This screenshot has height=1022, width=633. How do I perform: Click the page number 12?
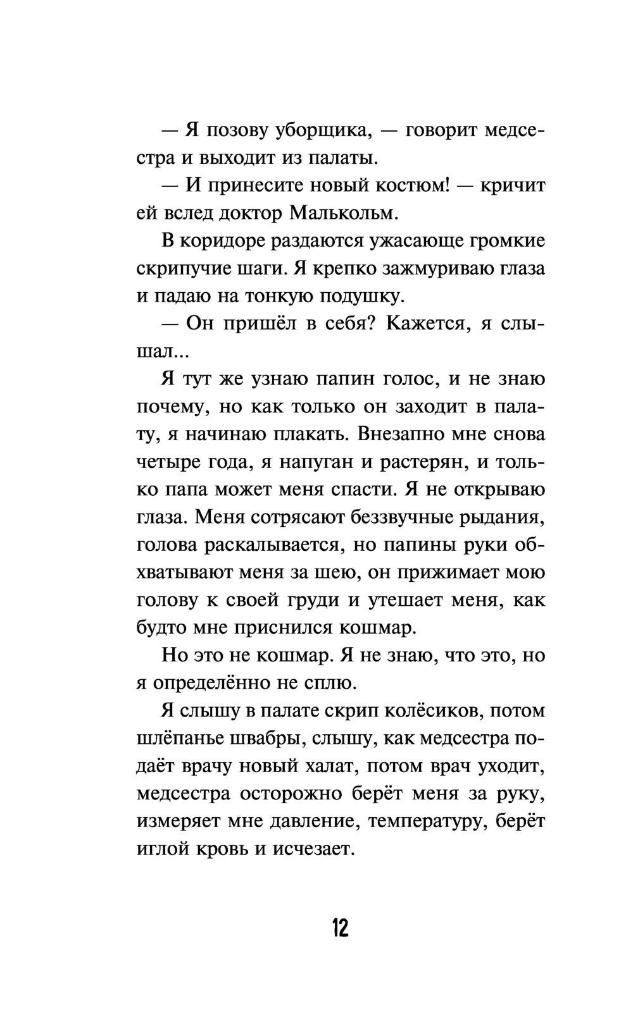point(339,928)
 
